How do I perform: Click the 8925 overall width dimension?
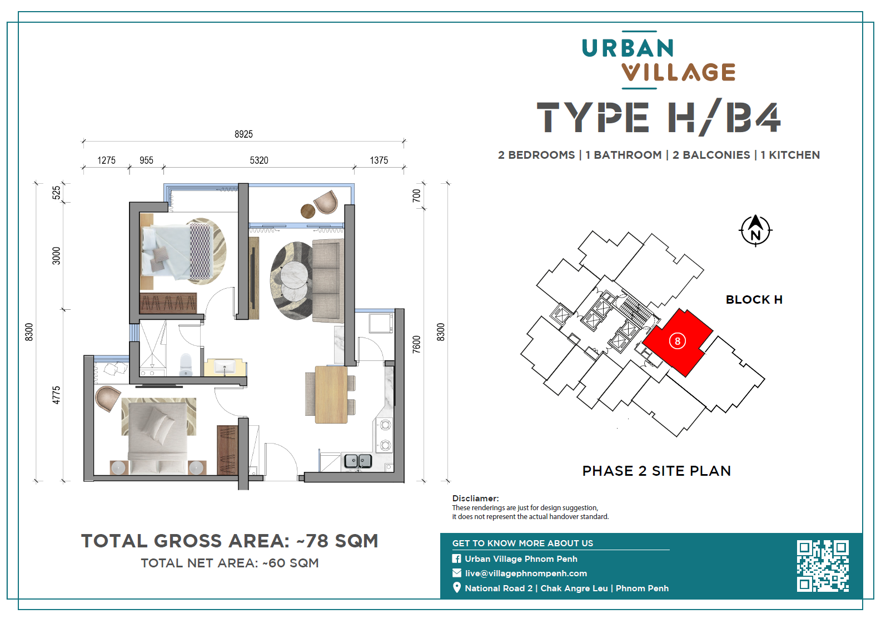(243, 134)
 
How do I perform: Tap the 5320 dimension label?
(259, 160)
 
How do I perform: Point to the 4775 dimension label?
(56, 395)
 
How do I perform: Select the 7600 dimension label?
(416, 344)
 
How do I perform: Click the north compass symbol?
(755, 230)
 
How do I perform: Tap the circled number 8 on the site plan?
(677, 341)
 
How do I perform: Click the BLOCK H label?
(754, 300)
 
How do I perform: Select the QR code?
(823, 566)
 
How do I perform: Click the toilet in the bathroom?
(186, 365)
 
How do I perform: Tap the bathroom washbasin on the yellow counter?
(225, 367)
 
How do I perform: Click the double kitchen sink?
(357, 460)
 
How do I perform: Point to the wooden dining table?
(331, 394)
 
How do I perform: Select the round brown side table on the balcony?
(307, 211)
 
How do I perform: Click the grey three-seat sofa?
(328, 281)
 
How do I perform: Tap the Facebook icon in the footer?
(456, 558)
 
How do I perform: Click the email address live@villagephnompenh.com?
(526, 573)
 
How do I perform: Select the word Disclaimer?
(475, 499)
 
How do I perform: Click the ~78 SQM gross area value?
(337, 541)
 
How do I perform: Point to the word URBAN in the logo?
(628, 48)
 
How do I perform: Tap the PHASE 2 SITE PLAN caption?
(656, 471)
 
